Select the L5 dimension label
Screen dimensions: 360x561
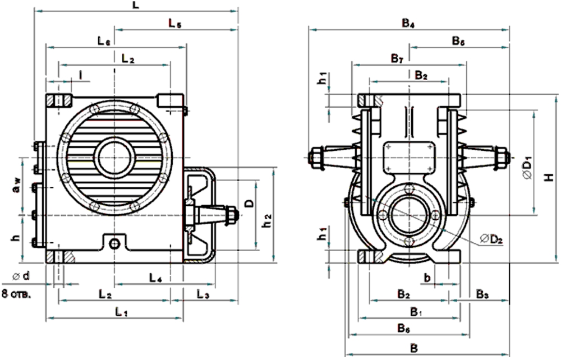click(x=176, y=23)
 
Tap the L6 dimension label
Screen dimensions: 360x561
click(x=104, y=41)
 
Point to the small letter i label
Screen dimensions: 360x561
click(x=81, y=74)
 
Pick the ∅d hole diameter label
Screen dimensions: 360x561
click(x=21, y=277)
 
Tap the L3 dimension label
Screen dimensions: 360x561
click(x=204, y=294)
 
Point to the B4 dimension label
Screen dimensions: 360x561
click(x=408, y=24)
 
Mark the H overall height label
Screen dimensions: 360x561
click(x=550, y=177)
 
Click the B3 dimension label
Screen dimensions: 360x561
click(x=482, y=294)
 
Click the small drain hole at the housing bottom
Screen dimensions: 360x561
click(x=114, y=243)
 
